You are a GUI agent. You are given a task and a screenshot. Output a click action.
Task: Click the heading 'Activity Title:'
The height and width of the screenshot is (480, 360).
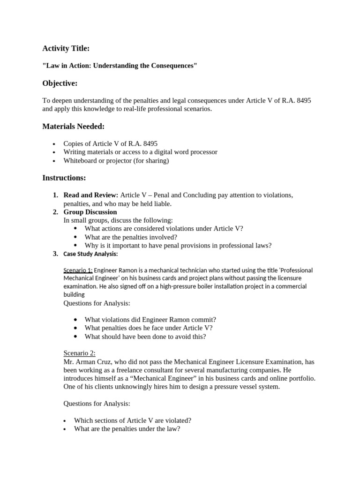click(x=66, y=48)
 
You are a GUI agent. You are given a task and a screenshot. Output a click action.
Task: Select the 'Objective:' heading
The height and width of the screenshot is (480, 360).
click(x=60, y=83)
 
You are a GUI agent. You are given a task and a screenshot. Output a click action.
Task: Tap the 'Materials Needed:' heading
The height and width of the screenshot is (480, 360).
click(x=74, y=127)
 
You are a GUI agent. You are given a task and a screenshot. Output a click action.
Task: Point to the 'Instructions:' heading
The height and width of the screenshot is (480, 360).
click(x=64, y=178)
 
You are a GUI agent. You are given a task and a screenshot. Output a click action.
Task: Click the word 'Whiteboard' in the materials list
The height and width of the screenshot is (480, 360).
click(x=81, y=161)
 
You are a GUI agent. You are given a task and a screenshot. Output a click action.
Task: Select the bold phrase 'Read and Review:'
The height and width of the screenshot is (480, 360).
click(x=91, y=195)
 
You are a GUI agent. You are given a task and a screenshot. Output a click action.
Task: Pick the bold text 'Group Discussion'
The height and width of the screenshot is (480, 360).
click(x=90, y=212)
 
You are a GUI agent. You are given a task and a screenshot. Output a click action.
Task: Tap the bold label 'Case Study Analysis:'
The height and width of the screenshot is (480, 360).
click(x=90, y=254)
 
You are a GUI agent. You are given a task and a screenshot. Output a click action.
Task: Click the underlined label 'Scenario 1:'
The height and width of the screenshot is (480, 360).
click(x=78, y=270)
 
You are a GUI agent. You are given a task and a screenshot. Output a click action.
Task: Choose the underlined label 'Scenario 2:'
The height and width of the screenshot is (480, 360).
click(x=79, y=353)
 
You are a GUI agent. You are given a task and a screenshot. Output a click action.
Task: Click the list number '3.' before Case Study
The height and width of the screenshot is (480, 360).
click(x=55, y=254)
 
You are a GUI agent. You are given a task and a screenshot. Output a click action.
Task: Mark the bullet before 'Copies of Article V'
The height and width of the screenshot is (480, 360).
click(x=54, y=144)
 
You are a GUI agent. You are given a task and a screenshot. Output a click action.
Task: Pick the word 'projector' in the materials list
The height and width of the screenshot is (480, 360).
click(x=129, y=161)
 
